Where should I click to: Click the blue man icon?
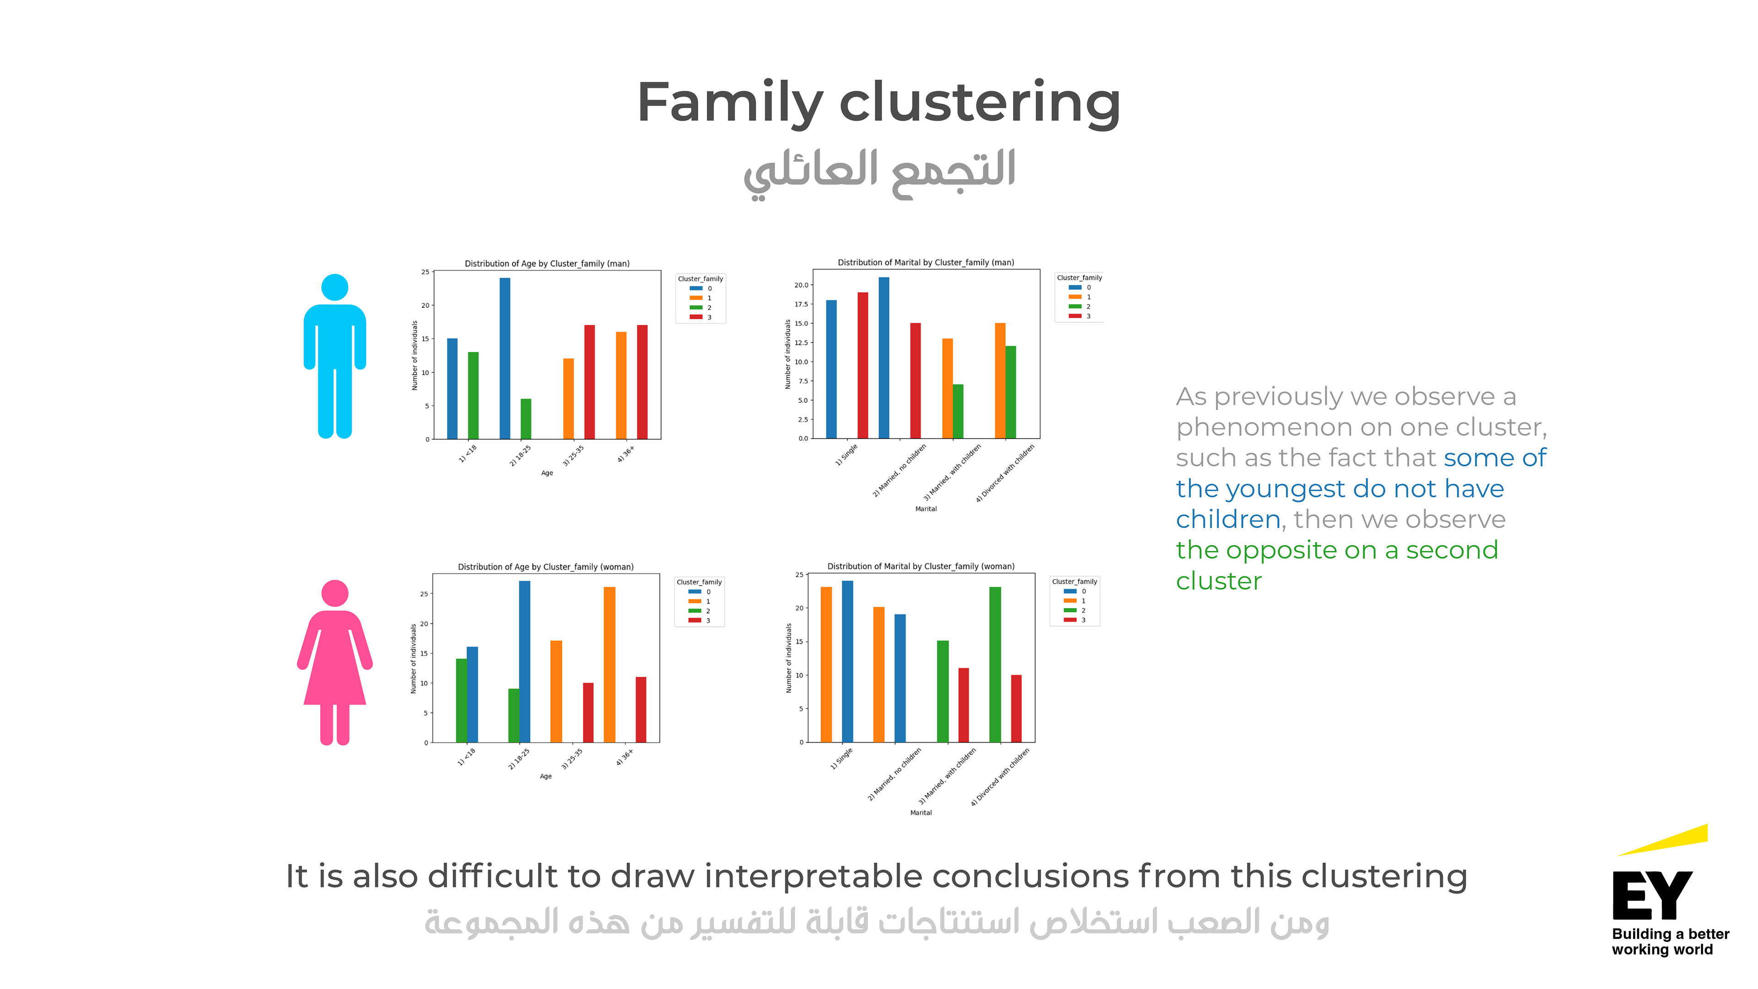pos(334,355)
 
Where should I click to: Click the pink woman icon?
pos(334,662)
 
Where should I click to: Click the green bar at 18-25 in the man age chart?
pos(526,418)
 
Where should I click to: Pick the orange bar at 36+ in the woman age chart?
pos(609,664)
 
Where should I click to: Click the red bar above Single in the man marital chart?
pos(863,365)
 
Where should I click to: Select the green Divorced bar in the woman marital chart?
pos(995,664)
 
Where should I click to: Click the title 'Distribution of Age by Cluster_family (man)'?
pos(547,263)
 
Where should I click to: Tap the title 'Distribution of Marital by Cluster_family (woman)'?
pos(921,566)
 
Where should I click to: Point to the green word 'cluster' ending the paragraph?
pos(1218,581)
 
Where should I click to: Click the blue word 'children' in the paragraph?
pos(1227,519)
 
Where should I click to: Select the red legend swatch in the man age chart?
pos(695,317)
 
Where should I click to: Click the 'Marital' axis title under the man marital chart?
pos(925,509)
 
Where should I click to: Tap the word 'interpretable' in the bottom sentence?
pos(813,876)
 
